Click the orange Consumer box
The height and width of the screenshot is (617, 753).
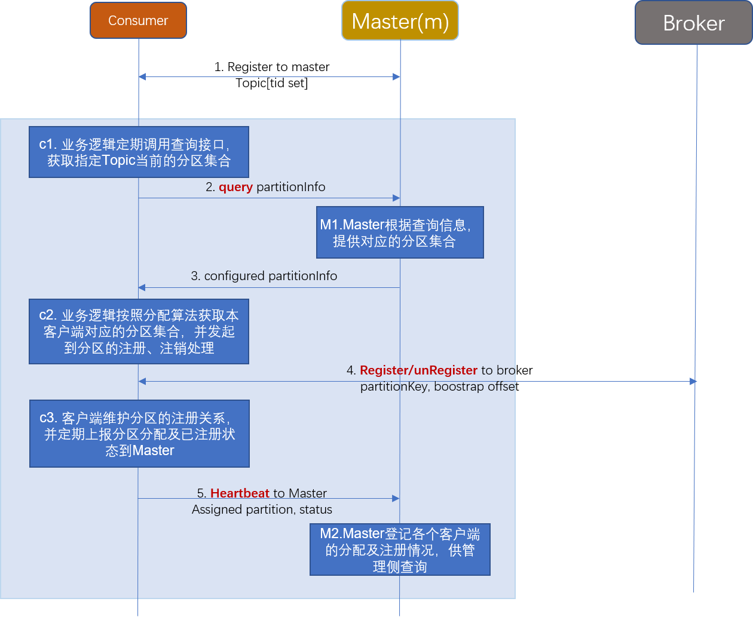pyautogui.click(x=138, y=20)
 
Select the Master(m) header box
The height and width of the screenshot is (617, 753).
pyautogui.click(x=400, y=21)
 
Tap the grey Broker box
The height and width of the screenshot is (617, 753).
pyautogui.click(x=693, y=23)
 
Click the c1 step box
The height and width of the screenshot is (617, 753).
pyautogui.click(x=139, y=152)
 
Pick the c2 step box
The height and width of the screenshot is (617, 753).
pyautogui.click(x=139, y=331)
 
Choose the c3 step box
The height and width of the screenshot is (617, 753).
pyautogui.click(x=139, y=434)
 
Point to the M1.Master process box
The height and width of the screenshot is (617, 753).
pyautogui.click(x=400, y=232)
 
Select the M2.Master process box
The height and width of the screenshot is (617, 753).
pyautogui.click(x=400, y=550)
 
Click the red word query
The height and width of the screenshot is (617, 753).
pyautogui.click(x=235, y=187)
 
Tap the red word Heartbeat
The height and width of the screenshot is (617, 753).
pyautogui.click(x=240, y=493)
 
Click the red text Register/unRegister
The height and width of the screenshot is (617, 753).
pyautogui.click(x=418, y=370)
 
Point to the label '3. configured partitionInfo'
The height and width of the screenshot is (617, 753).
pyautogui.click(x=264, y=276)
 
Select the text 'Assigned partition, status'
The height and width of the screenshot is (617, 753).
pyautogui.click(x=262, y=509)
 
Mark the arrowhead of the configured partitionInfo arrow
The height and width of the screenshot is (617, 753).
pyautogui.click(x=142, y=287)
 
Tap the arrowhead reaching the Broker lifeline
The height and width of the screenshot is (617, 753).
pyautogui.click(x=693, y=381)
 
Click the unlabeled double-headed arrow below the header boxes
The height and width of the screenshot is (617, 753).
pyautogui.click(x=269, y=76)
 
